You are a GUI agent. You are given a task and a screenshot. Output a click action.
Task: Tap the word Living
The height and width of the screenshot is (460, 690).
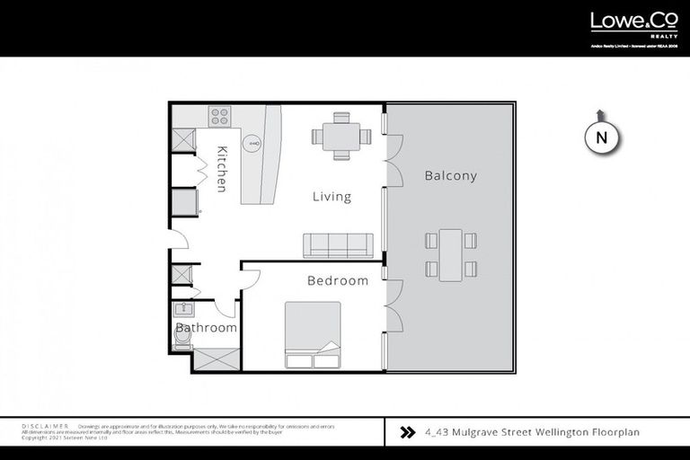tap(332, 197)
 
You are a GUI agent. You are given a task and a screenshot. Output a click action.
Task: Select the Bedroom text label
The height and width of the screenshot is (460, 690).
tap(338, 280)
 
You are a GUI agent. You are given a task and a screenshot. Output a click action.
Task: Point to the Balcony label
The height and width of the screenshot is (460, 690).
tap(450, 176)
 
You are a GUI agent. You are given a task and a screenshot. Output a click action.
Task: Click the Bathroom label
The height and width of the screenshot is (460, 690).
tap(207, 328)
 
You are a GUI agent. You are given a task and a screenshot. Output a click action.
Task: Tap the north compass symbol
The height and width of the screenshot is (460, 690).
tap(602, 137)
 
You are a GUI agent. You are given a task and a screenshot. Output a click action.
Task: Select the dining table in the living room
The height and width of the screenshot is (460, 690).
tap(341, 136)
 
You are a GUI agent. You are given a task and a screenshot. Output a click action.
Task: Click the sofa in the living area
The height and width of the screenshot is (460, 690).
tap(338, 244)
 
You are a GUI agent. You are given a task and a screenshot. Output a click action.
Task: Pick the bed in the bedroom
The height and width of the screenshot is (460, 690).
tap(313, 334)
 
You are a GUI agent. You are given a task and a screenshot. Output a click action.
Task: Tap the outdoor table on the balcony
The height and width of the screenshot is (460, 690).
tap(450, 254)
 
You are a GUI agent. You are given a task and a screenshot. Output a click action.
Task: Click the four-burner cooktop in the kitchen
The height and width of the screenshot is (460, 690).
tap(220, 115)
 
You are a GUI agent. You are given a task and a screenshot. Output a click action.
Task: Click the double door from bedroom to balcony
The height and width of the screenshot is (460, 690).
tap(393, 306)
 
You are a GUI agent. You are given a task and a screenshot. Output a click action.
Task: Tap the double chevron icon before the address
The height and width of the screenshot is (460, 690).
tap(406, 432)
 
